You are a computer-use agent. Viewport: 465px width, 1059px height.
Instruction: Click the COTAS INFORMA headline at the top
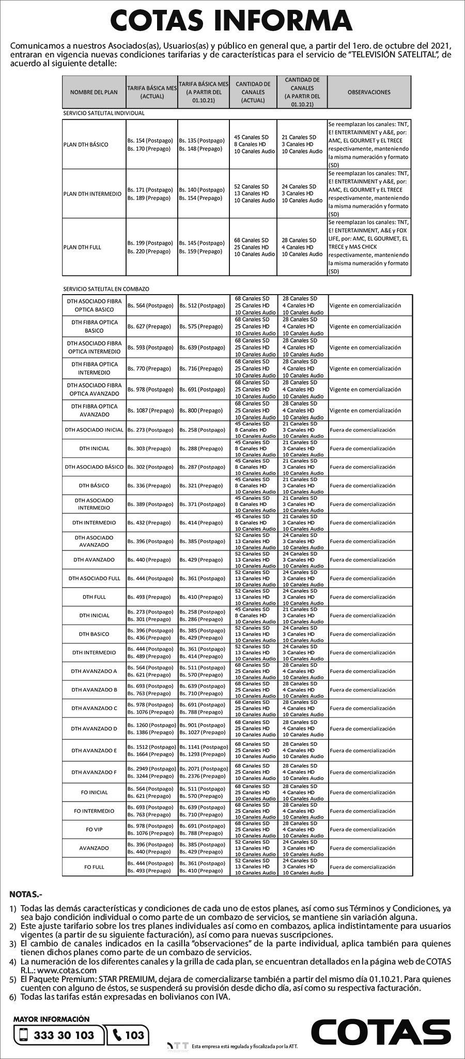(232, 21)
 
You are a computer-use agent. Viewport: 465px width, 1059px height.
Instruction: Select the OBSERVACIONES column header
(369, 92)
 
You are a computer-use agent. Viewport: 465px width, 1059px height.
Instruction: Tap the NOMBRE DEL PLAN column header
(94, 92)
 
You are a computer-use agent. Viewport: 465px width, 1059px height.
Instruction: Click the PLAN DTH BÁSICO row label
(86, 144)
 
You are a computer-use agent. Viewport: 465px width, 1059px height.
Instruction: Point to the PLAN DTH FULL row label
(82, 247)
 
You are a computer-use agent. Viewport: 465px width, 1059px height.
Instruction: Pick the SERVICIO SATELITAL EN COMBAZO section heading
(106, 289)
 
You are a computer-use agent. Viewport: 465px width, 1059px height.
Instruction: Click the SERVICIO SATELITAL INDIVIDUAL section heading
(104, 113)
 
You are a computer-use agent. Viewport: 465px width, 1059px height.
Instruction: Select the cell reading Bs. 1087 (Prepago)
(150, 410)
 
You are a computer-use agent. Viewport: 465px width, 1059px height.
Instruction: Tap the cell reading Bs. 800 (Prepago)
(201, 410)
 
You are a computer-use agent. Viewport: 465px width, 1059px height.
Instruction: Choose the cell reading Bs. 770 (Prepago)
(149, 369)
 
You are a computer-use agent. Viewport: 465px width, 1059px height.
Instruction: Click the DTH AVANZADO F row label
(94, 772)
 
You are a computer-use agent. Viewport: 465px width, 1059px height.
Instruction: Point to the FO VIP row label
(94, 829)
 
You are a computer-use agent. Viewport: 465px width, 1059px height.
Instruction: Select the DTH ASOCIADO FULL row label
(94, 578)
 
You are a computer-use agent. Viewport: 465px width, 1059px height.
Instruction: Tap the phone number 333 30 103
(64, 1035)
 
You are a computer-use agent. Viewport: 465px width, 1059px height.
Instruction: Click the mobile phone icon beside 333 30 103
(23, 1035)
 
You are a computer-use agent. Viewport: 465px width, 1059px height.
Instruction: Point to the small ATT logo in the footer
(178, 1046)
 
